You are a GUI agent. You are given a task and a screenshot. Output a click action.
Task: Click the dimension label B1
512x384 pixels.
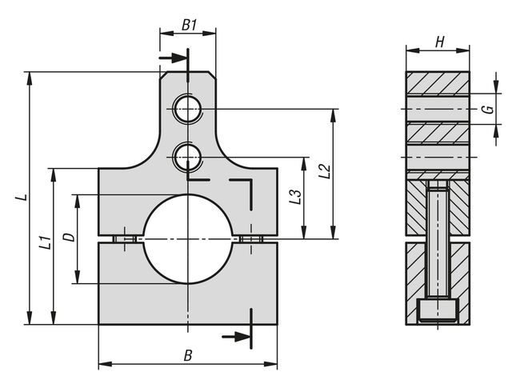click(x=189, y=25)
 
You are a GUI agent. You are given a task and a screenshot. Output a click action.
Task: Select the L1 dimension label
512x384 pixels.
click(x=46, y=242)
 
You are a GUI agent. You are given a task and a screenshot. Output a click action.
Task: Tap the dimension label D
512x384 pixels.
click(x=69, y=238)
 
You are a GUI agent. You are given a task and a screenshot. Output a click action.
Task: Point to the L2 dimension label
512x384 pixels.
click(x=323, y=170)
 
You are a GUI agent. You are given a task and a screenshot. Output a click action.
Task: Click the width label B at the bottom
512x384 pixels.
click(x=187, y=354)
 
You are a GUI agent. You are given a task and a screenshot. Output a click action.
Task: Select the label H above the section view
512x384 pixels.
click(x=439, y=42)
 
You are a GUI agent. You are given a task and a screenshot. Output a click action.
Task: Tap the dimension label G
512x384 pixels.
click(x=486, y=110)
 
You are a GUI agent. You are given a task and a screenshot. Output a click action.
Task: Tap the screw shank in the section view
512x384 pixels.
click(x=438, y=240)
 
